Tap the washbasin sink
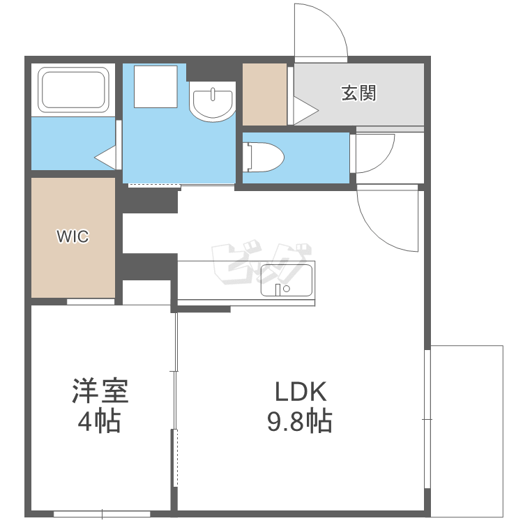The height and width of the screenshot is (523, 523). coord(213,101)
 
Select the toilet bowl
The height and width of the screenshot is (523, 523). coord(263,157)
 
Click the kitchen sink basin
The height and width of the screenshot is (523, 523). coord(287,280)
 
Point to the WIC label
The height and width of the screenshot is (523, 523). coord(73,236)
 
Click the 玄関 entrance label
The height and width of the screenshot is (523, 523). coord(358,93)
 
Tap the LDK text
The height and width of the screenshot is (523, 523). coord(300,392)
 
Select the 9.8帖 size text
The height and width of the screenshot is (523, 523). coord(300,421)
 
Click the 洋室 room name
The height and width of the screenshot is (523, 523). coord(100,391)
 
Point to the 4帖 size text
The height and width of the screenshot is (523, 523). coord(99,421)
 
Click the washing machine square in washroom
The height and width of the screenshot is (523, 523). coord(156,86)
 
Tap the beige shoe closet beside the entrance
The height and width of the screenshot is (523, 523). coord(264,94)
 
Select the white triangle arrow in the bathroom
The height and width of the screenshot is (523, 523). coord(105,158)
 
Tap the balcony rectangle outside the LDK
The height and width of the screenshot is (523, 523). coord(467,430)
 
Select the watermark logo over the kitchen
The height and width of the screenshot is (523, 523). coord(261,262)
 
